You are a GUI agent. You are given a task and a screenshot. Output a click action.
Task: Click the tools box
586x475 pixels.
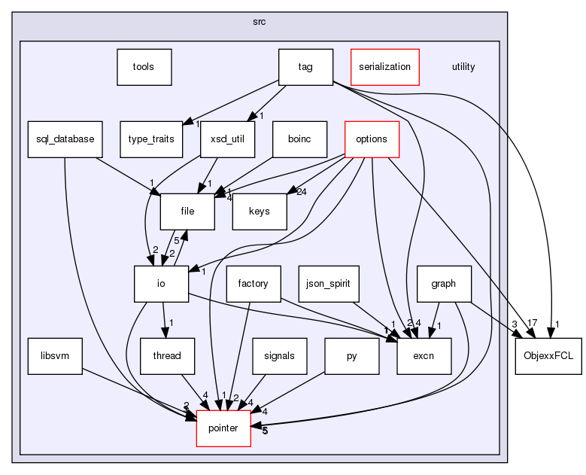(143, 67)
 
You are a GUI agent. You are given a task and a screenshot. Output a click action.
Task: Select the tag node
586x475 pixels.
(305, 67)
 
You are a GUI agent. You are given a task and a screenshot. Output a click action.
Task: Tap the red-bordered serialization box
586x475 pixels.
(384, 67)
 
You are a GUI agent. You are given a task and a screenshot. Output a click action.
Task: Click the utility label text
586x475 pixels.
(463, 67)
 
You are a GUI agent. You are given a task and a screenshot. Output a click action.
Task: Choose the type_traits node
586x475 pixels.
(146, 139)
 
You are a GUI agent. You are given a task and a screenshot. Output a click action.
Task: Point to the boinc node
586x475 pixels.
(299, 139)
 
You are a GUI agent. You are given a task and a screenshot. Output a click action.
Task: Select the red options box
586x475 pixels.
(371, 139)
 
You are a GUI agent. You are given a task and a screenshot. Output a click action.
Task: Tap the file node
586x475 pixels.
(187, 212)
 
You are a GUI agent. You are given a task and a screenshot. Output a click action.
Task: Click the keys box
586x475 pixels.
(260, 212)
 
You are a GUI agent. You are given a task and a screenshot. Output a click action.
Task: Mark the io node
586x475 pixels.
(160, 284)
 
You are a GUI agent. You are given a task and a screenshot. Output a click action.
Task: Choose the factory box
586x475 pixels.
(254, 284)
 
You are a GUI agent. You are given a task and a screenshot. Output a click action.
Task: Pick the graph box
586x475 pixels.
(444, 284)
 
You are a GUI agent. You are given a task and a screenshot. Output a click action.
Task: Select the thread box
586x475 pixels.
(167, 356)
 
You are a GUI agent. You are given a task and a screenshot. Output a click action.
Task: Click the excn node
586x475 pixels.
(424, 356)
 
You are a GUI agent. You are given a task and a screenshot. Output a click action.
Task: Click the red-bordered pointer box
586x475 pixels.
(223, 428)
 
